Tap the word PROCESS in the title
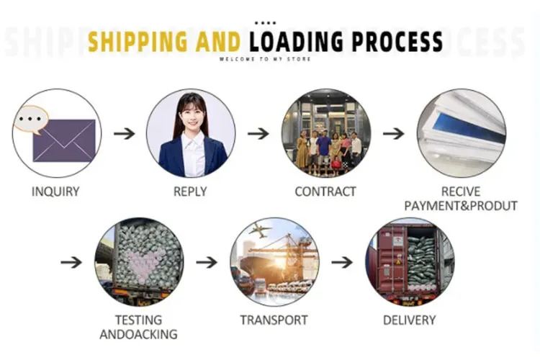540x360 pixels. (390, 41)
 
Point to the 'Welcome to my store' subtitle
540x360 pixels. (266, 59)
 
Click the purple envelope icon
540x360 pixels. (64, 140)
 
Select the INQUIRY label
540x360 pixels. (55, 192)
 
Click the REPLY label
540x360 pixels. (190, 192)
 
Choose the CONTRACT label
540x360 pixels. (325, 192)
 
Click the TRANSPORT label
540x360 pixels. (274, 320)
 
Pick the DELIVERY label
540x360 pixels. (410, 320)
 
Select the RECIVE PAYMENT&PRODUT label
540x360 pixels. (461, 199)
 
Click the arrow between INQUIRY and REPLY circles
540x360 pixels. (124, 133)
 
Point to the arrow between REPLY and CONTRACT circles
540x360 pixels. (258, 133)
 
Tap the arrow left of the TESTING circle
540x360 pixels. (71, 262)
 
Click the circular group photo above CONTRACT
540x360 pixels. (325, 133)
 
